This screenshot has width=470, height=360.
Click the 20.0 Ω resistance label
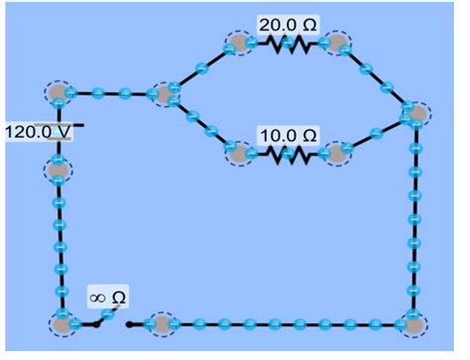click(x=289, y=24)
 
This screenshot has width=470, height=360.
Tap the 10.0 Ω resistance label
click(x=289, y=134)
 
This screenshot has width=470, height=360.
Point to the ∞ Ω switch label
click(x=107, y=298)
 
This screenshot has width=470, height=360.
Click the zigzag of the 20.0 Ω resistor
click(x=289, y=45)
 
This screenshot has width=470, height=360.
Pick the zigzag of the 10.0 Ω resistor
click(x=289, y=155)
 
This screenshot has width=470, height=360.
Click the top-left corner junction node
click(x=59, y=94)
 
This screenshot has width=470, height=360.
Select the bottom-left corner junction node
click(x=62, y=323)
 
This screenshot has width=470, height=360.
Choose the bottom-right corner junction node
click(x=411, y=323)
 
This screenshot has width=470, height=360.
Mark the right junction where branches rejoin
click(x=416, y=115)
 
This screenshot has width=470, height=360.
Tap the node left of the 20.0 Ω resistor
click(x=239, y=45)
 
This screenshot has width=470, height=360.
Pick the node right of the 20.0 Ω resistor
click(x=339, y=45)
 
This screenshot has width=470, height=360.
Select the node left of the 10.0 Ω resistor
click(x=239, y=155)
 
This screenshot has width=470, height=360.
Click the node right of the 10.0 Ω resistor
click(x=339, y=155)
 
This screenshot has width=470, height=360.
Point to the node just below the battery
click(x=59, y=170)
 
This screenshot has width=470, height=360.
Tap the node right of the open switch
click(x=159, y=323)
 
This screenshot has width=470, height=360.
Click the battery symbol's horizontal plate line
click(x=69, y=126)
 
